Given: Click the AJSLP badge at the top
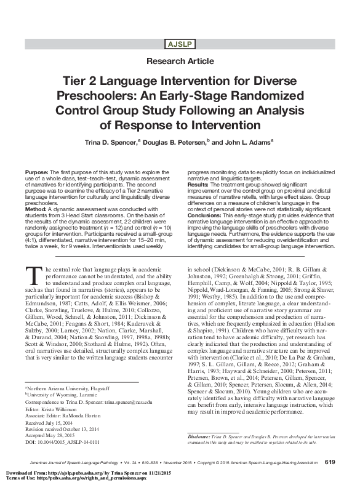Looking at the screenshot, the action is coord(180,43).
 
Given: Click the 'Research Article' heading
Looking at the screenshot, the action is coord(180,62).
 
